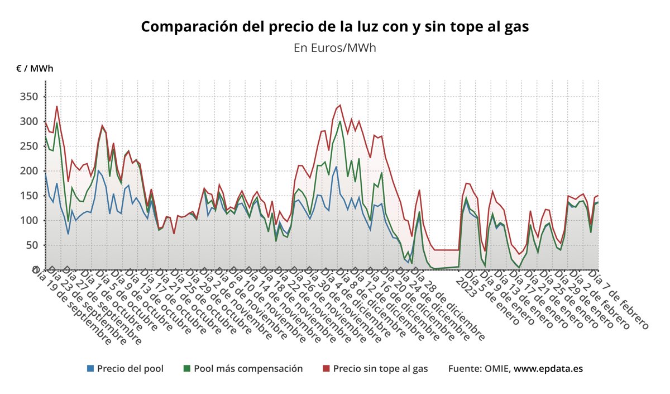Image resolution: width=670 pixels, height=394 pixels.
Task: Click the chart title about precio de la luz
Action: (335, 27)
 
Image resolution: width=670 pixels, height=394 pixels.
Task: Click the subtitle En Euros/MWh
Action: (335, 48)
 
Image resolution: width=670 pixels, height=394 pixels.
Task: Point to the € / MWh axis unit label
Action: (35, 69)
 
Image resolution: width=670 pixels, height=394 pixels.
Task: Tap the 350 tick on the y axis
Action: (29, 97)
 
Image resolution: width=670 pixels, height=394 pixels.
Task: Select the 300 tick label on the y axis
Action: (29, 121)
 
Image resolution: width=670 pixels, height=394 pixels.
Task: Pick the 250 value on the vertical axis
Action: (29, 146)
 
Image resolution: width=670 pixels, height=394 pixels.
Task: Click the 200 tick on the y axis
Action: (29, 170)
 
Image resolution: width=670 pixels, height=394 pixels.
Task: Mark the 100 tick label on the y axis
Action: (29, 220)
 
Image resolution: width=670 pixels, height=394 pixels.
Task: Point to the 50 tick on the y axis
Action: (32, 245)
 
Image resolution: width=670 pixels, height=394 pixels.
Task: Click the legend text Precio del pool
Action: (130, 368)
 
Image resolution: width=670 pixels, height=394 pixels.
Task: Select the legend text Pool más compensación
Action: (248, 368)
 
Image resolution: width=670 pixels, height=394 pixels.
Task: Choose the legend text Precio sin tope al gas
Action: (380, 368)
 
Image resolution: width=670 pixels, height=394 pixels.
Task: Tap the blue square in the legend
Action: (90, 368)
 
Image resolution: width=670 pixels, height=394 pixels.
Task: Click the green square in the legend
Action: (187, 368)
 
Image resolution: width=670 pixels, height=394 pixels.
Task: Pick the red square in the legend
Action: (327, 368)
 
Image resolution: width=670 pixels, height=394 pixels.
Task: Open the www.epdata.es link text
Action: (548, 368)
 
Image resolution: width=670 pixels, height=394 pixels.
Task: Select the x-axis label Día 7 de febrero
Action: (620, 299)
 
